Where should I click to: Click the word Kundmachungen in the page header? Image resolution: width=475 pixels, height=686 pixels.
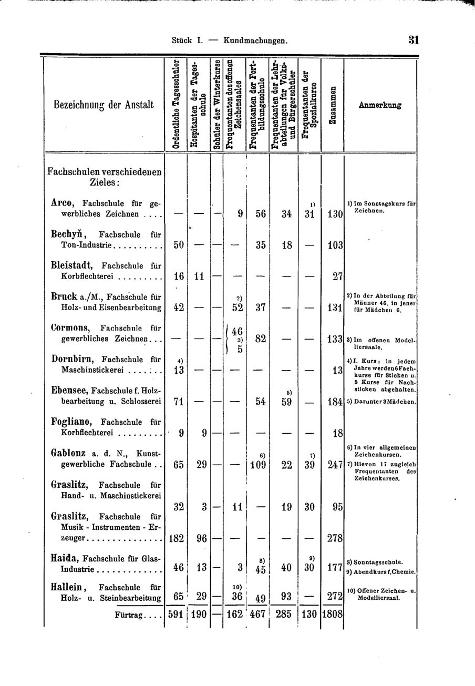point(255,40)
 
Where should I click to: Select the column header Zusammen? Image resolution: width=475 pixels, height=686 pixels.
point(332,105)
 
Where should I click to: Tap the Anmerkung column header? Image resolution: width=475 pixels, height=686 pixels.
point(380,105)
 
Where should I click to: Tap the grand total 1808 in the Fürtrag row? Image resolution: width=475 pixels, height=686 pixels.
point(332,614)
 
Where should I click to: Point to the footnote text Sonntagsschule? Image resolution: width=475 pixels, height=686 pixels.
point(377,562)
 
